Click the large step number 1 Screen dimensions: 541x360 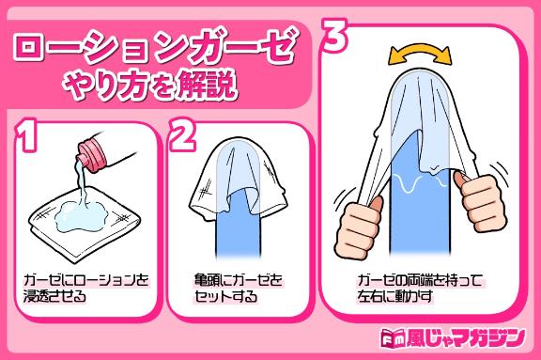coord(27,135)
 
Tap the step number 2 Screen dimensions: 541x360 coord(183,135)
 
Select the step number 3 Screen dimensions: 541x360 coord(333,35)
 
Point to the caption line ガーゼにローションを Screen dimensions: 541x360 coord(85,279)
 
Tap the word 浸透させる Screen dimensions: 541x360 coord(54,296)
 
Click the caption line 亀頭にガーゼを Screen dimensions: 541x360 coord(238,279)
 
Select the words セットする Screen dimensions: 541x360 coord(225,296)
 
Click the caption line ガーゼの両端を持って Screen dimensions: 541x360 coord(420,279)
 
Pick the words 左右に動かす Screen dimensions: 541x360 coord(394,296)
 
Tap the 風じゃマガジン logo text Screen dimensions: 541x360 coord(466,337)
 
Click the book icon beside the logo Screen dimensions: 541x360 coord(393,337)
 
